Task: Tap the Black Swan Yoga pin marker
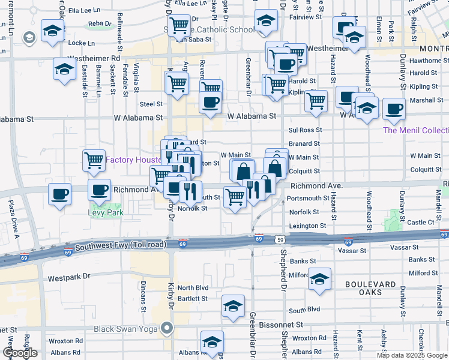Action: pos(167,328)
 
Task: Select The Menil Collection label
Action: pos(415,130)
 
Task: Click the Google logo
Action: pos(20,353)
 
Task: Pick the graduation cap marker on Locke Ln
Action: pos(52,30)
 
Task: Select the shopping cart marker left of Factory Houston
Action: pos(94,160)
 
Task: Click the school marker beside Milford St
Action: pos(321,278)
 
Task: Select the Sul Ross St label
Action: pos(305,130)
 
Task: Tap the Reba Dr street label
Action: pos(100,23)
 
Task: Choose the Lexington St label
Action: pos(307,226)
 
